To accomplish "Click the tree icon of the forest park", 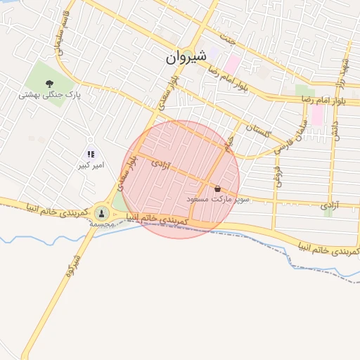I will [49, 84].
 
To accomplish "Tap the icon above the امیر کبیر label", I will [90, 154].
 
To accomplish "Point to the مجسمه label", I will [102, 223].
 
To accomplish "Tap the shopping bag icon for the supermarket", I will [217, 188].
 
